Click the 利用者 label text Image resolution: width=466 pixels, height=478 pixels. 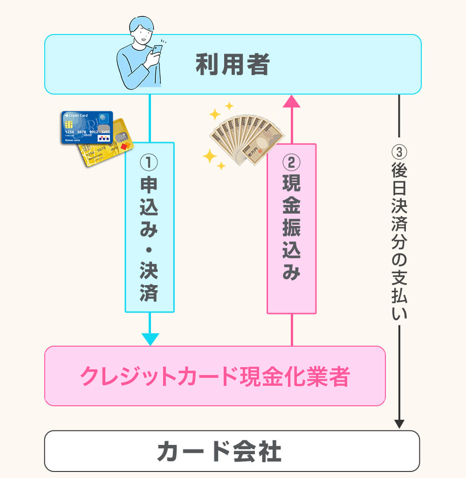coord(233,65)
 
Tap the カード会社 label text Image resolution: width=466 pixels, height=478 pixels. coord(219,451)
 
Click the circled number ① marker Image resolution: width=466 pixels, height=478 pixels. coord(149,163)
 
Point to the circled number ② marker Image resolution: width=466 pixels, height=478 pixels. coord(292,163)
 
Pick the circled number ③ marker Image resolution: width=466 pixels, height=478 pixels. coord(399,152)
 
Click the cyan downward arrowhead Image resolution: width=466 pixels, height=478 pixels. coord(150,339)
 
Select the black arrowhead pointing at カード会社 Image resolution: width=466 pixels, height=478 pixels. coord(399,424)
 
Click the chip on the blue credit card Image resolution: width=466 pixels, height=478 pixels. coord(69,124)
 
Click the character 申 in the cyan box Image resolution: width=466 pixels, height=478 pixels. coord(149,185)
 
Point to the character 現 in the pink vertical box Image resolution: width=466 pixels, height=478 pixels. coord(292,185)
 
